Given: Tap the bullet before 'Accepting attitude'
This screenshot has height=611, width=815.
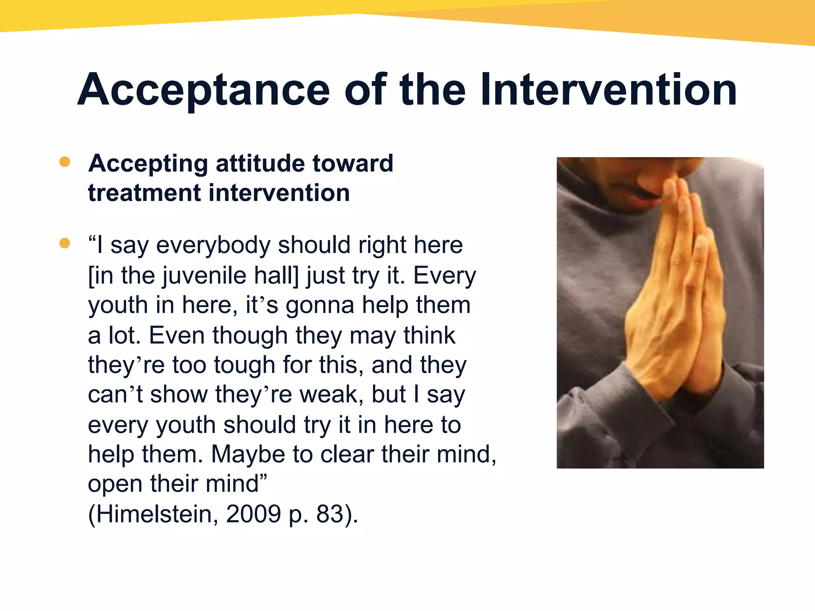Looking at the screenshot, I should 64,162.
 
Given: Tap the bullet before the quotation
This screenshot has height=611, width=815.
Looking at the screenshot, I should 64,243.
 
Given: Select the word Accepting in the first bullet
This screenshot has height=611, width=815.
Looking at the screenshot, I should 148,164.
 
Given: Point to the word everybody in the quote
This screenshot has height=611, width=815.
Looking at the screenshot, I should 213,245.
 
